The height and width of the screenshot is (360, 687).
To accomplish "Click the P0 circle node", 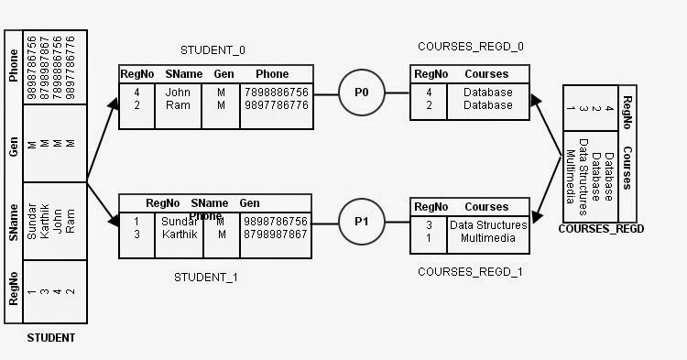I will click(x=361, y=92).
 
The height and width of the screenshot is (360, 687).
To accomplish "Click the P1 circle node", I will click(x=361, y=222).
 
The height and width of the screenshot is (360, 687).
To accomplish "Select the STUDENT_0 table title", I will click(x=213, y=50).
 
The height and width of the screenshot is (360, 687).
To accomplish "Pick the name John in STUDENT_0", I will click(x=177, y=93).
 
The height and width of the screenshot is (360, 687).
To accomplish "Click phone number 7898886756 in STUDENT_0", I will click(x=276, y=93).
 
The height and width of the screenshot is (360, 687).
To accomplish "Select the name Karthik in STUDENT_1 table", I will click(x=180, y=235).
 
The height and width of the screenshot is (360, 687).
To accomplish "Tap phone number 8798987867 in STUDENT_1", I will click(x=276, y=235).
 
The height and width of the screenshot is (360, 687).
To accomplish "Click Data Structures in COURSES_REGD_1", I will click(x=488, y=225).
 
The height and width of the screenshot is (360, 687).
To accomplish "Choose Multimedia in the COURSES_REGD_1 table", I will click(x=488, y=238).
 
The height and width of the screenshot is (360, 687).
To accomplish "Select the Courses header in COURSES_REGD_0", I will click(x=486, y=73).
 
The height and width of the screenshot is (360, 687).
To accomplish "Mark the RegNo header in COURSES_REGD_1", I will click(x=430, y=207).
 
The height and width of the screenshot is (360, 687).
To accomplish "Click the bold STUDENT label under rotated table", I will click(x=51, y=338).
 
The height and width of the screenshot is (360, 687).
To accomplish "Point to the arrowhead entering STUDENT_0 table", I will click(x=114, y=104).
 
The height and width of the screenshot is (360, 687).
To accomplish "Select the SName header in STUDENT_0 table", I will click(x=178, y=73).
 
